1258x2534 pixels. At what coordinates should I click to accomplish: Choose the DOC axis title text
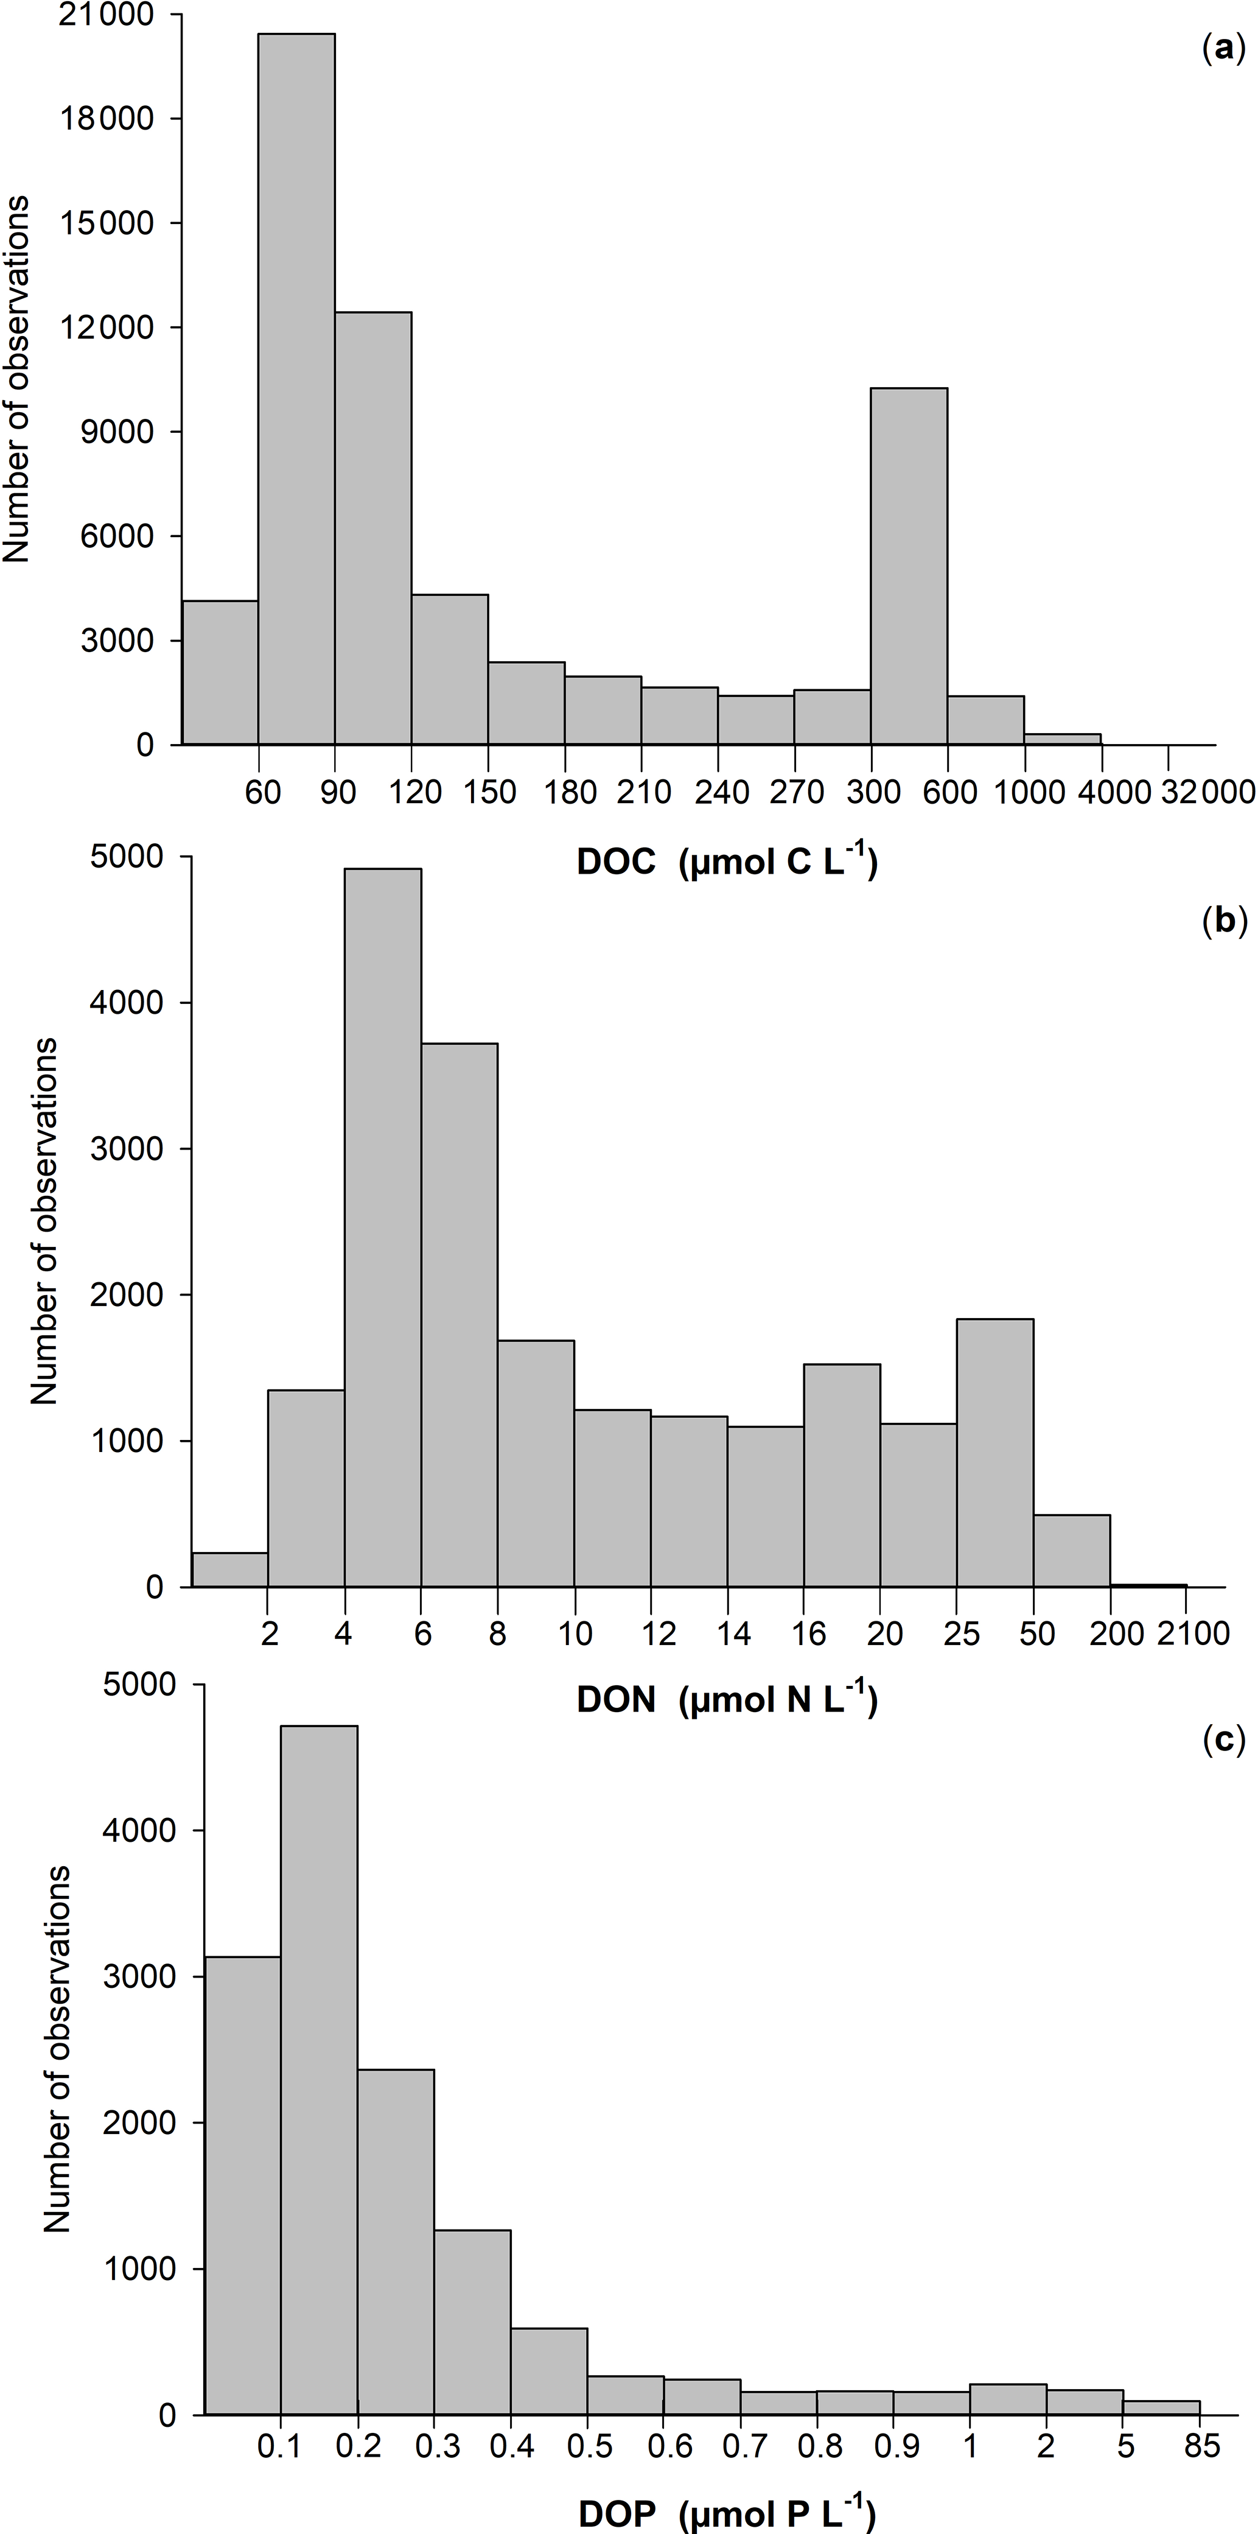[x=727, y=862]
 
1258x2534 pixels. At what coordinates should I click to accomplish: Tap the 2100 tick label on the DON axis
[x=1193, y=1634]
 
